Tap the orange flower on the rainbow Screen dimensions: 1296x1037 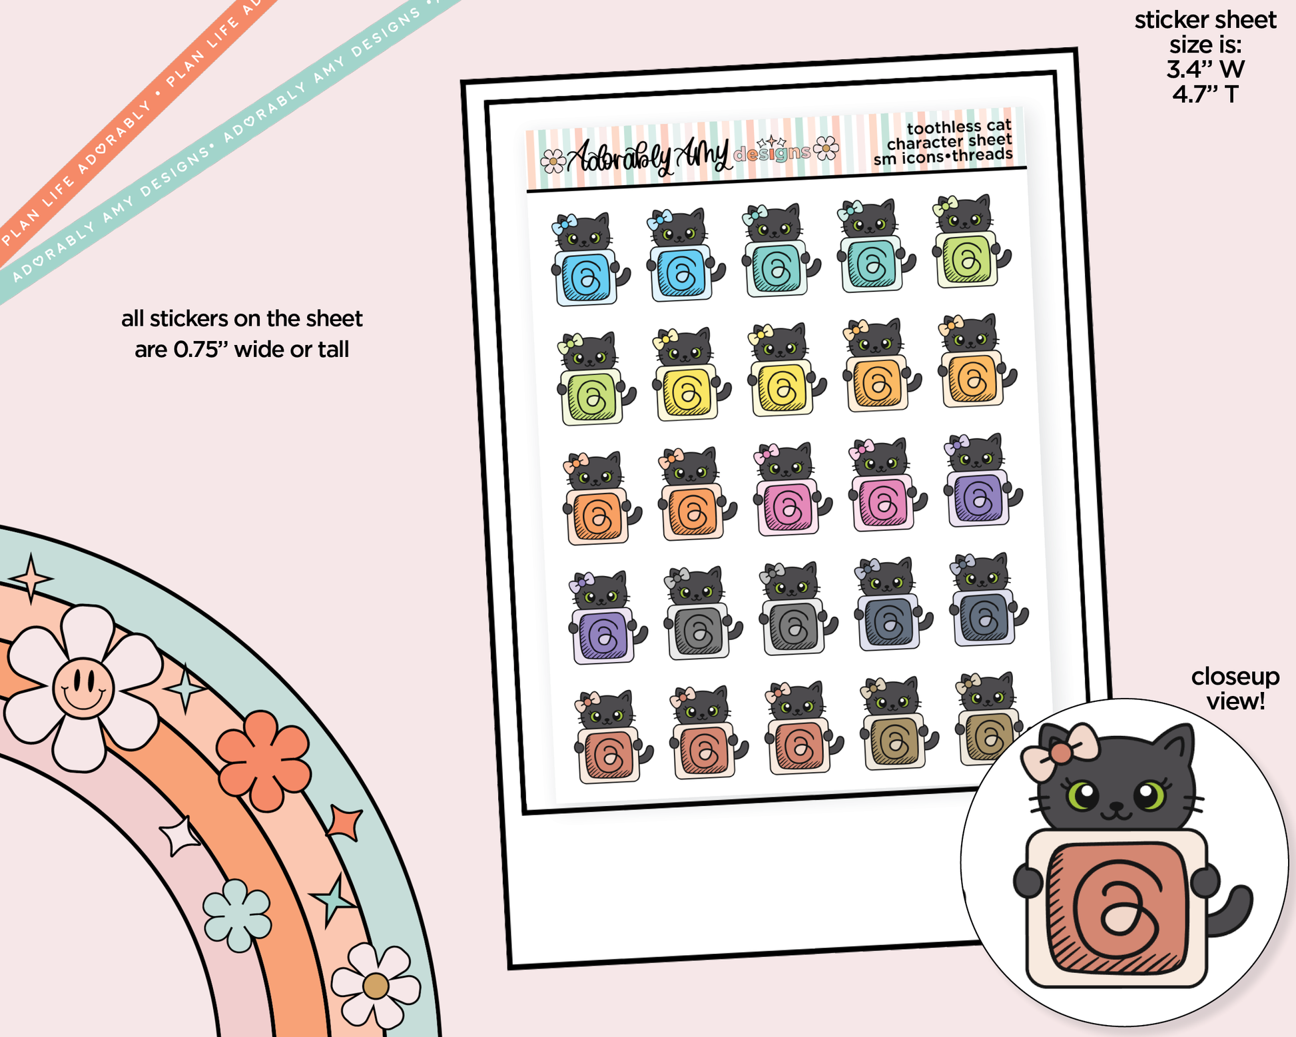pyautogui.click(x=264, y=761)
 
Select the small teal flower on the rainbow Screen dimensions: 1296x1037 pyautogui.click(x=237, y=915)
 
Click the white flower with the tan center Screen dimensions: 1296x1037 pyautogui.click(x=376, y=986)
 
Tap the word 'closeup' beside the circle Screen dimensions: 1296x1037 pyautogui.click(x=1235, y=676)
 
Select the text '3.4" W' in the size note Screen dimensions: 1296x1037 pyautogui.click(x=1205, y=69)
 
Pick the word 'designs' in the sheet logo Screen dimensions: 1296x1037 pyautogui.click(x=772, y=154)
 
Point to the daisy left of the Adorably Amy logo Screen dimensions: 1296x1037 pyautogui.click(x=553, y=161)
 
